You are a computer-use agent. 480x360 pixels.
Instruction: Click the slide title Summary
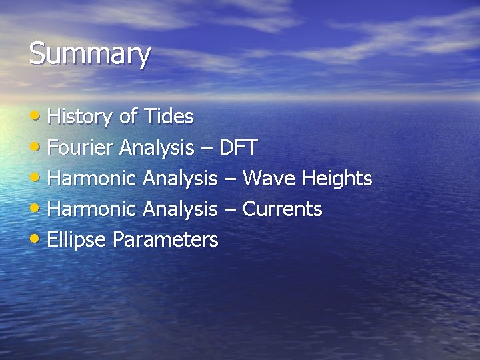pyautogui.click(x=89, y=55)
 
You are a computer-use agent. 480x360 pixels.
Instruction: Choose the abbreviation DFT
pyautogui.click(x=238, y=148)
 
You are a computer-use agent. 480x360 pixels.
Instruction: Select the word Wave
pyautogui.click(x=269, y=179)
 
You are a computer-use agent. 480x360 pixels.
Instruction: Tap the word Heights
pyautogui.click(x=337, y=179)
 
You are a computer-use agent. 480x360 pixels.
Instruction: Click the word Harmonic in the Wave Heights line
pyautogui.click(x=93, y=179)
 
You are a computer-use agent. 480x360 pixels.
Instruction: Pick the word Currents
pyautogui.click(x=282, y=209)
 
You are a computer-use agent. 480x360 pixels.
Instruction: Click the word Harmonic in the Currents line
pyautogui.click(x=93, y=209)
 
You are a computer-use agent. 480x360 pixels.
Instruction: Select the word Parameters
pyautogui.click(x=165, y=240)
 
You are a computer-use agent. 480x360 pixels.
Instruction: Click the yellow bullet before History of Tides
pyautogui.click(x=37, y=116)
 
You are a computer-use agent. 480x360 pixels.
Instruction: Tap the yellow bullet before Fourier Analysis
pyautogui.click(x=37, y=147)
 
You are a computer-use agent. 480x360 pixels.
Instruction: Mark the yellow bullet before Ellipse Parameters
pyautogui.click(x=37, y=239)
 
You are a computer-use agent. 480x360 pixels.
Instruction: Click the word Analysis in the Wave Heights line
pyautogui.click(x=180, y=179)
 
